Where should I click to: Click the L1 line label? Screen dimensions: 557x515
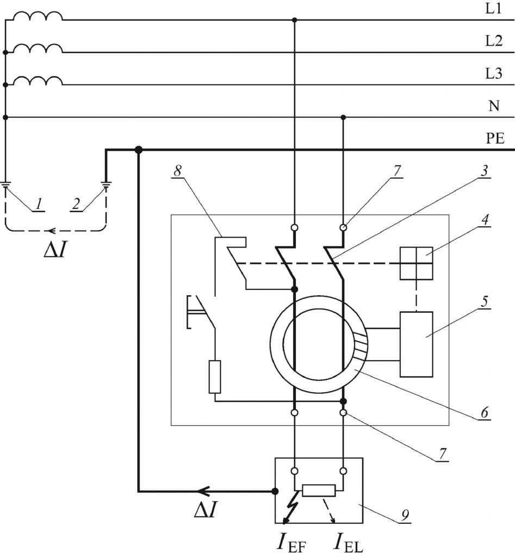494,9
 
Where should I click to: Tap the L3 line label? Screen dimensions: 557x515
494,75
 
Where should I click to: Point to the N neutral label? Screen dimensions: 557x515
494,106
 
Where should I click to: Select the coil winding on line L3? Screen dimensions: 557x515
38,80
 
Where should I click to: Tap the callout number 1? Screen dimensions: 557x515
38,205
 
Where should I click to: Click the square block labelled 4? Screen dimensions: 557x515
416,263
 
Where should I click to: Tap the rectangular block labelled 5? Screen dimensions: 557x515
416,344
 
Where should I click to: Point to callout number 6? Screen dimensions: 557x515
483,412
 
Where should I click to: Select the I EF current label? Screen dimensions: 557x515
291,542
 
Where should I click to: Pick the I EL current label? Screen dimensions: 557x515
349,542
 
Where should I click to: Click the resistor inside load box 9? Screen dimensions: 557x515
319,491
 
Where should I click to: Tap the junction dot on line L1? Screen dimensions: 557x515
294,20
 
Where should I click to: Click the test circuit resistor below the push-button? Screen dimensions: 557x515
215,376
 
